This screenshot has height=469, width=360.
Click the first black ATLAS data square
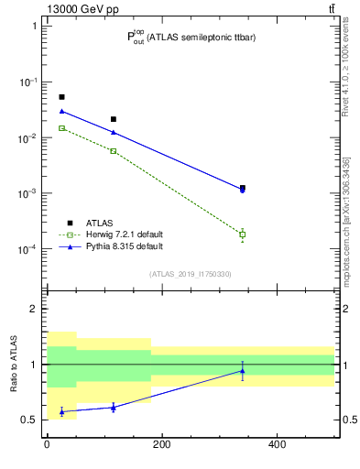(61, 97)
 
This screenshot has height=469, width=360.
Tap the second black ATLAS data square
(114, 119)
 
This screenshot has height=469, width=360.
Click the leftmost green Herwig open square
(61, 128)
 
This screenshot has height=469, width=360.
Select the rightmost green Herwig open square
(243, 234)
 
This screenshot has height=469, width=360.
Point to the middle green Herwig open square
(114, 150)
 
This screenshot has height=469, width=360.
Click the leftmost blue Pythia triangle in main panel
(61, 111)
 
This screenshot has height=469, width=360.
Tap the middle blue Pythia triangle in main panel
(114, 132)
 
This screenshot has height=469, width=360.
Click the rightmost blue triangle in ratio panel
(243, 371)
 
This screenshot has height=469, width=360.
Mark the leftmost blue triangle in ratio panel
(61, 411)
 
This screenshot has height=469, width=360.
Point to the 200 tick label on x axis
(161, 445)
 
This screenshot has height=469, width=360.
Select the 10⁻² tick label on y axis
(28, 138)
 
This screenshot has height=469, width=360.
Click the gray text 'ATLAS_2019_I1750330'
(191, 274)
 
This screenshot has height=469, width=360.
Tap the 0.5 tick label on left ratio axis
(31, 420)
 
